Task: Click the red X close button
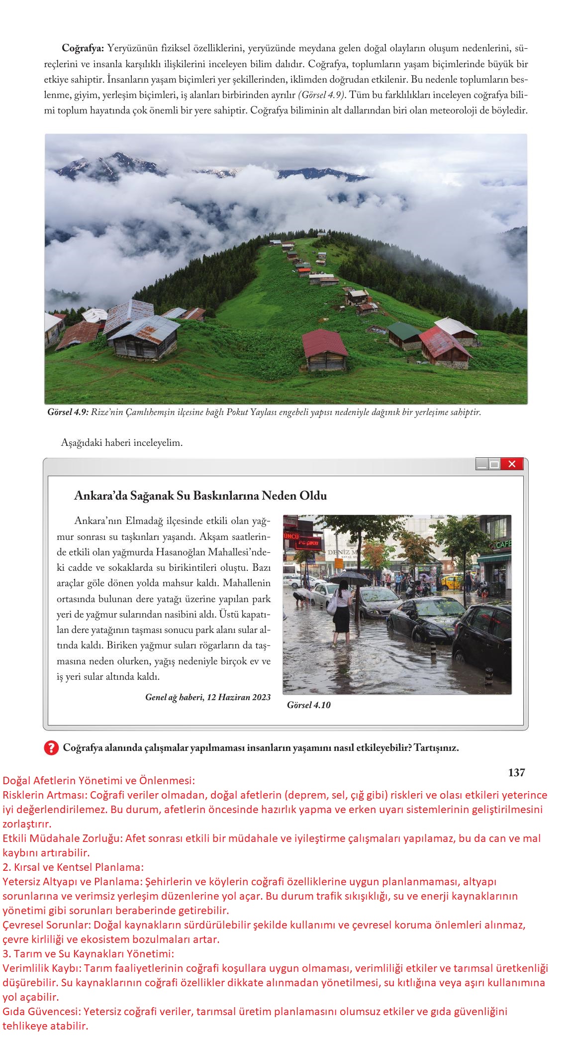click(x=512, y=464)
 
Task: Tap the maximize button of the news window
click(x=494, y=464)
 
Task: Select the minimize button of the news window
click(x=482, y=464)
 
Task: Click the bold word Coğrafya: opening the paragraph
click(x=83, y=49)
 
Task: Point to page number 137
click(x=516, y=772)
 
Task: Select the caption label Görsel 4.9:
click(x=68, y=413)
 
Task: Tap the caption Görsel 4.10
click(x=308, y=705)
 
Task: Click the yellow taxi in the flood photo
click(x=451, y=581)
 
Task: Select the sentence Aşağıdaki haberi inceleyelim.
click(x=122, y=442)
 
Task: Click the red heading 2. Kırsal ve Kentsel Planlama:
click(x=73, y=867)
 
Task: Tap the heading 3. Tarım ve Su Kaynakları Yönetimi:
click(x=88, y=954)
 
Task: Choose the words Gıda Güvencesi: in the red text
click(x=42, y=997)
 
